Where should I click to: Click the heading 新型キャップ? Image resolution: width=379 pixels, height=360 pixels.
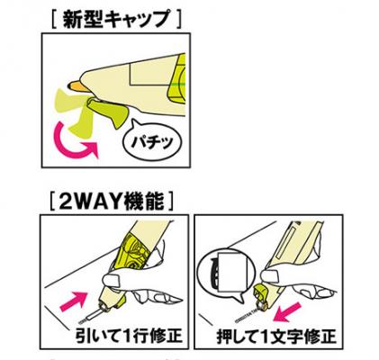(117, 19)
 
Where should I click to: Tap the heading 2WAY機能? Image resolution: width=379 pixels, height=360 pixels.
(112, 201)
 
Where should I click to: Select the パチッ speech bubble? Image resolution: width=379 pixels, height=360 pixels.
(151, 139)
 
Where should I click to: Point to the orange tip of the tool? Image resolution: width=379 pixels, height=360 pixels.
(78, 86)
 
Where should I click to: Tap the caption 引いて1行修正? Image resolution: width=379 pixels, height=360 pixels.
(128, 336)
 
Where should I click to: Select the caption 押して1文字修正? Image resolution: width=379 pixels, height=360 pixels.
(275, 337)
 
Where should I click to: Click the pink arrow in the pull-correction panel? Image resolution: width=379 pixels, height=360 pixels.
(73, 301)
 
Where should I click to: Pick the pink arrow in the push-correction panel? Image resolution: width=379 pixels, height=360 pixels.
(289, 312)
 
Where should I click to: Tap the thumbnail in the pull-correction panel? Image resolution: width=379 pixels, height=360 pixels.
(113, 279)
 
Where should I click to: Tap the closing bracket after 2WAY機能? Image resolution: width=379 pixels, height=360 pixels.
(171, 201)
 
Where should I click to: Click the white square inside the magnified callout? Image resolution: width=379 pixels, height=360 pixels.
(233, 272)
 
